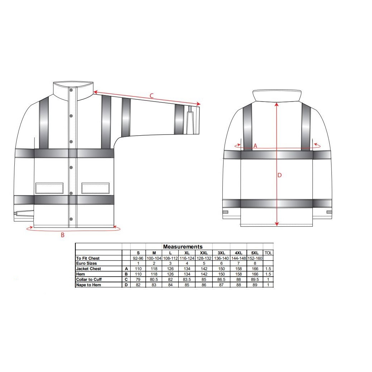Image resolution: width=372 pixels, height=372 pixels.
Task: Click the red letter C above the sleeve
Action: click(152, 96)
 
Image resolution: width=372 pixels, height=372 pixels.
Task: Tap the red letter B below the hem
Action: click(63, 235)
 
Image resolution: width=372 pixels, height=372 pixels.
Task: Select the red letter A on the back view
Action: click(255, 146)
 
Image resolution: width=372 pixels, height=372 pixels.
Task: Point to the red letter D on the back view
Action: click(279, 175)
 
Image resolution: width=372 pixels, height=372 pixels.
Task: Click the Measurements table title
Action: click(183, 247)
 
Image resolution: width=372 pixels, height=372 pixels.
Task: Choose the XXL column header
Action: click(204, 253)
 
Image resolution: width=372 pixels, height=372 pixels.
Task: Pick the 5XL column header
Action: click(255, 253)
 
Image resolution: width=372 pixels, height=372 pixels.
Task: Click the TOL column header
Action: click(268, 253)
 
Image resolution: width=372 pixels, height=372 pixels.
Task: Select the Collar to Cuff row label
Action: click(89, 279)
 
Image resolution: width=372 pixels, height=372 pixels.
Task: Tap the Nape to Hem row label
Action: click(89, 285)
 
